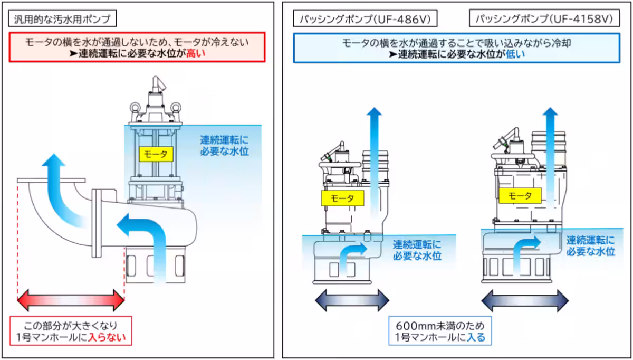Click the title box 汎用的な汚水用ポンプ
click(x=62, y=19)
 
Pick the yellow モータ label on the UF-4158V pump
click(x=520, y=196)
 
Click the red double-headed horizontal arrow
click(x=71, y=301)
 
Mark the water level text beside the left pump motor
click(x=224, y=146)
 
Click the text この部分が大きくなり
click(x=71, y=325)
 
